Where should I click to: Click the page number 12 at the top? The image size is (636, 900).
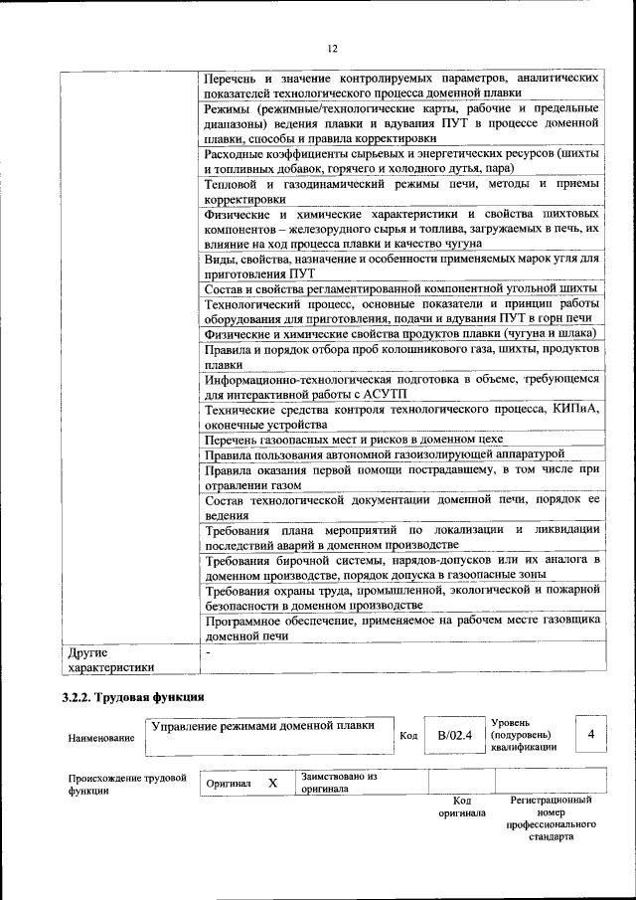[332, 48]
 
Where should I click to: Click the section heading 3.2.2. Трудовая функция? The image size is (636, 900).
[133, 697]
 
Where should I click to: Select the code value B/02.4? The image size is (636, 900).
[453, 735]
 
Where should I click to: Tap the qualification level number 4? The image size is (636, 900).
[591, 733]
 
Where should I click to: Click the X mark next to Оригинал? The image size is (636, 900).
[271, 783]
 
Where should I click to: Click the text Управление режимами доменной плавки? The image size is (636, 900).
[262, 725]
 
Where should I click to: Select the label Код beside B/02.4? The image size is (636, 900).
[407, 735]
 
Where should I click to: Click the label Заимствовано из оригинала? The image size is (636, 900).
[338, 783]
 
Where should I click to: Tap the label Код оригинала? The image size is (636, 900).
[461, 806]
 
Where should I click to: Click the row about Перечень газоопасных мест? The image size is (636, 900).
[354, 439]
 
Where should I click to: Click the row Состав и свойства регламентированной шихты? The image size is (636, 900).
[397, 288]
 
